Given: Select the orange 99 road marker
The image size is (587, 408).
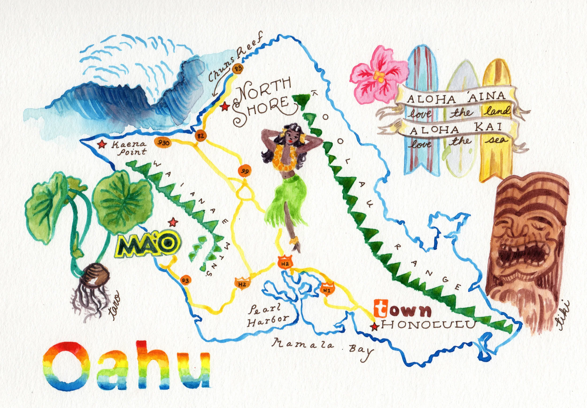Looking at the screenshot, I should (x=245, y=171).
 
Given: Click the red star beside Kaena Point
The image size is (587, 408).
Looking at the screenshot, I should (x=102, y=145).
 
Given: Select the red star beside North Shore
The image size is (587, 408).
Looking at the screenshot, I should (x=225, y=106).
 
